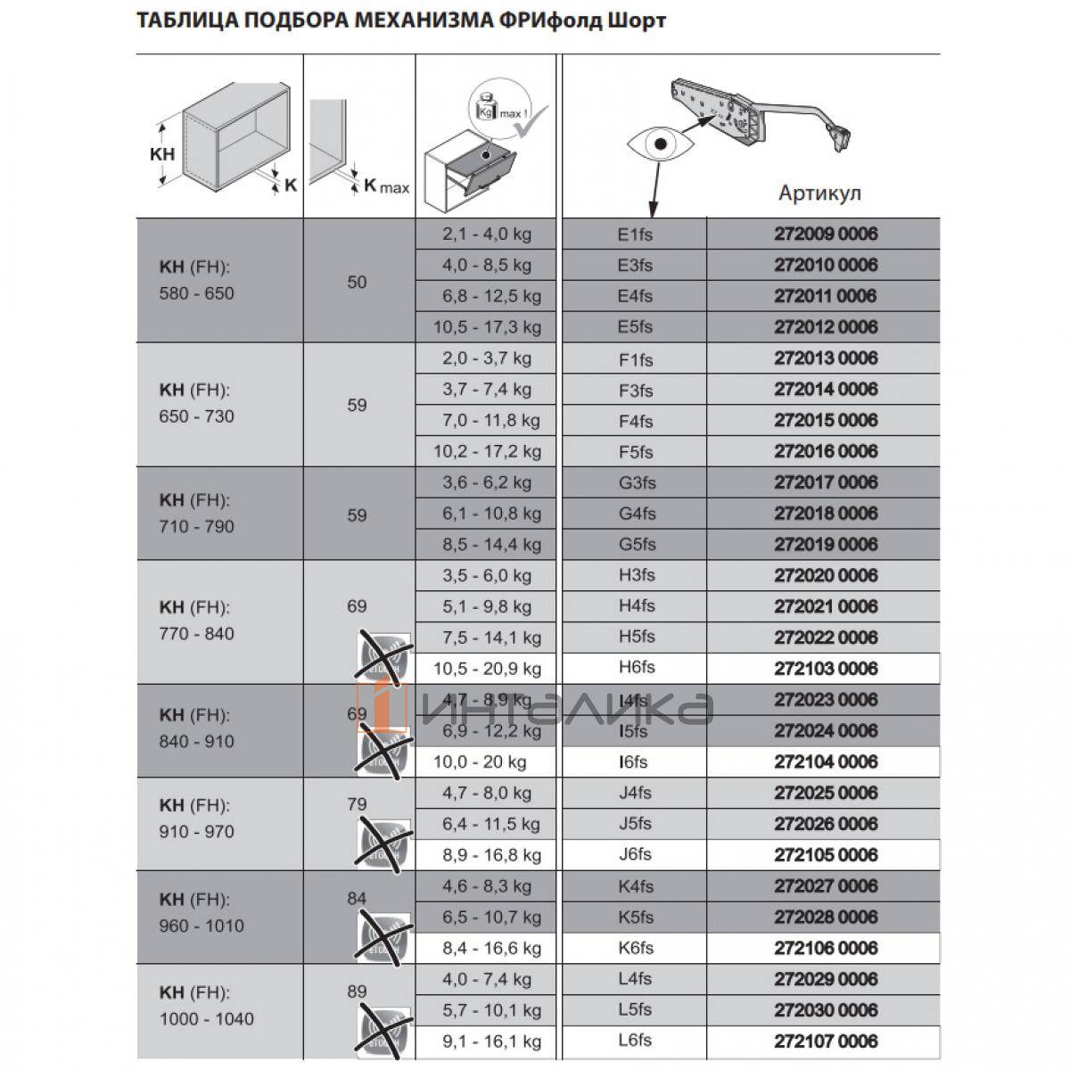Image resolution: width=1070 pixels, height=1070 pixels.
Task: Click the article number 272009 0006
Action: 825,235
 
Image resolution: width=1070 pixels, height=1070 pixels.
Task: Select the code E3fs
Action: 635,266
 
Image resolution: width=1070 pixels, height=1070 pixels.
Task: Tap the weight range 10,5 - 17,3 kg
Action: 487,327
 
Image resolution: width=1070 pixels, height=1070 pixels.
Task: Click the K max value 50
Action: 357,283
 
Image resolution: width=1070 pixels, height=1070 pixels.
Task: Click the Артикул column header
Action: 819,193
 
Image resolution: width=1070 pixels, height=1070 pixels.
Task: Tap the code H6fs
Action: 636,669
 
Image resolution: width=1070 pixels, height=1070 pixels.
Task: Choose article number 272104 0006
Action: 825,762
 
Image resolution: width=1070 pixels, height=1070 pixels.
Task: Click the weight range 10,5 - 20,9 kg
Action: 487,669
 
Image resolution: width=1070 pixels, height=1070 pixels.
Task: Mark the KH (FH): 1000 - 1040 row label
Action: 206,1005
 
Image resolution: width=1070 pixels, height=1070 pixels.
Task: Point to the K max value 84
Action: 357,898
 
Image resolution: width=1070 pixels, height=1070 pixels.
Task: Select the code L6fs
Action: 635,1041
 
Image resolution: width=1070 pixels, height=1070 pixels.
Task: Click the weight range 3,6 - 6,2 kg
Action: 487,482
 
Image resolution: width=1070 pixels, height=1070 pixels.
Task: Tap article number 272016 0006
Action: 825,451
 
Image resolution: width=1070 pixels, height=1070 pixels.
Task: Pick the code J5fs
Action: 635,824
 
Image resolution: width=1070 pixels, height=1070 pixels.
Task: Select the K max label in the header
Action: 385,185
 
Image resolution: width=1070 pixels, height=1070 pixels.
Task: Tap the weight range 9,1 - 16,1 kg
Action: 487,1041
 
